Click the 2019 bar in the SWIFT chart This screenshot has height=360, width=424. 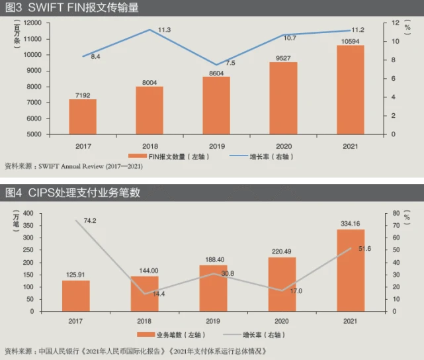point(216,106)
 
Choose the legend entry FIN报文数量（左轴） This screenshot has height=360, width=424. point(175,157)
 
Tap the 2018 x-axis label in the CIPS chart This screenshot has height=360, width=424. point(145,321)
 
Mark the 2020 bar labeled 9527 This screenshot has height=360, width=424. point(283,98)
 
